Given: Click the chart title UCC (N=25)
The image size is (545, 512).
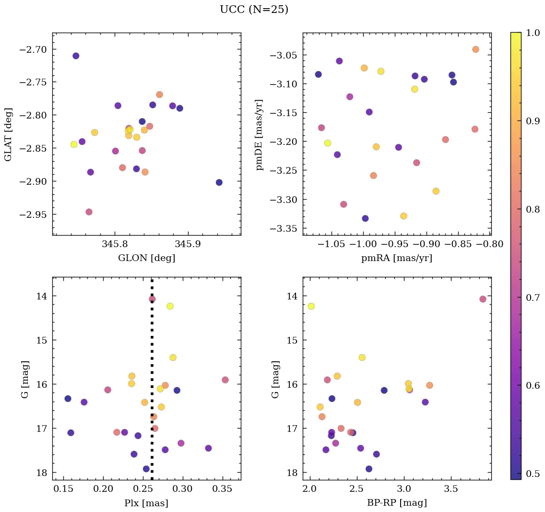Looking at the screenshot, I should [x=254, y=10].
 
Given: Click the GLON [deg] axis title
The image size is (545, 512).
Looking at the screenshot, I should [x=146, y=258].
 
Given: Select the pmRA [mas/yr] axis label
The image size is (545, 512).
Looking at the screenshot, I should [x=396, y=258].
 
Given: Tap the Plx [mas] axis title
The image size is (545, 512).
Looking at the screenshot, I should [x=146, y=503].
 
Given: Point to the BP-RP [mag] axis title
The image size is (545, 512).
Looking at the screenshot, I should [x=396, y=503].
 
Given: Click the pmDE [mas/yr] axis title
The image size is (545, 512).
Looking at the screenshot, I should [x=260, y=134].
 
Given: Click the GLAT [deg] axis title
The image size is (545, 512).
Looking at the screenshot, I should [x=8, y=134].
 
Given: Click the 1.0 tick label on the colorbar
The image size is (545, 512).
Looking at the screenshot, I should [x=533, y=33].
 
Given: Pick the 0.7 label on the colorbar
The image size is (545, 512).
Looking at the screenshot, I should [x=533, y=298].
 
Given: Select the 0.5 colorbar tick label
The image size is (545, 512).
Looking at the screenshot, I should [x=533, y=474].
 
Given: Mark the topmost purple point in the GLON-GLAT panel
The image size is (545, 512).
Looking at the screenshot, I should [x=76, y=56].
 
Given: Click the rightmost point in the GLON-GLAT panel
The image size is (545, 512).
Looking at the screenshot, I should [x=219, y=182].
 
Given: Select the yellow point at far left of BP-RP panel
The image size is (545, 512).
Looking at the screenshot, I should [x=311, y=306].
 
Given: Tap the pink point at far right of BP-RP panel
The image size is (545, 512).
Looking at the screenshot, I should [x=483, y=299].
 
